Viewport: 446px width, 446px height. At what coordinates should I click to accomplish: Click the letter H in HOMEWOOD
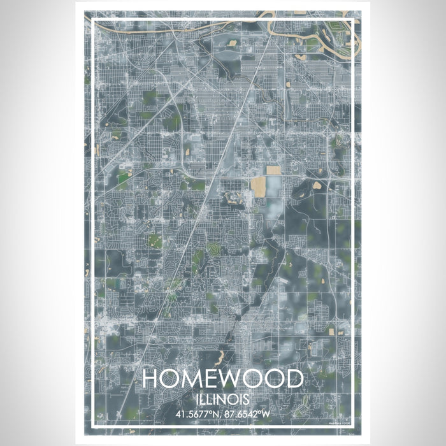[152, 379]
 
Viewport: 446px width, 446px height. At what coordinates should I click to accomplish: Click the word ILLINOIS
[222, 398]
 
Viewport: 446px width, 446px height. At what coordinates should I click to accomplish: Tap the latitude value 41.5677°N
[194, 413]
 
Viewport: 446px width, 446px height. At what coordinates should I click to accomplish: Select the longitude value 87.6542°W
[252, 413]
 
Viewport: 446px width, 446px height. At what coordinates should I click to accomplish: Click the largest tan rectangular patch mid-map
[259, 186]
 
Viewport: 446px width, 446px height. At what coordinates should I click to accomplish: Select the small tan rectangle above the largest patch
[273, 170]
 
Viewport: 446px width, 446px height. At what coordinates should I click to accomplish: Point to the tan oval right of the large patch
[317, 185]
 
